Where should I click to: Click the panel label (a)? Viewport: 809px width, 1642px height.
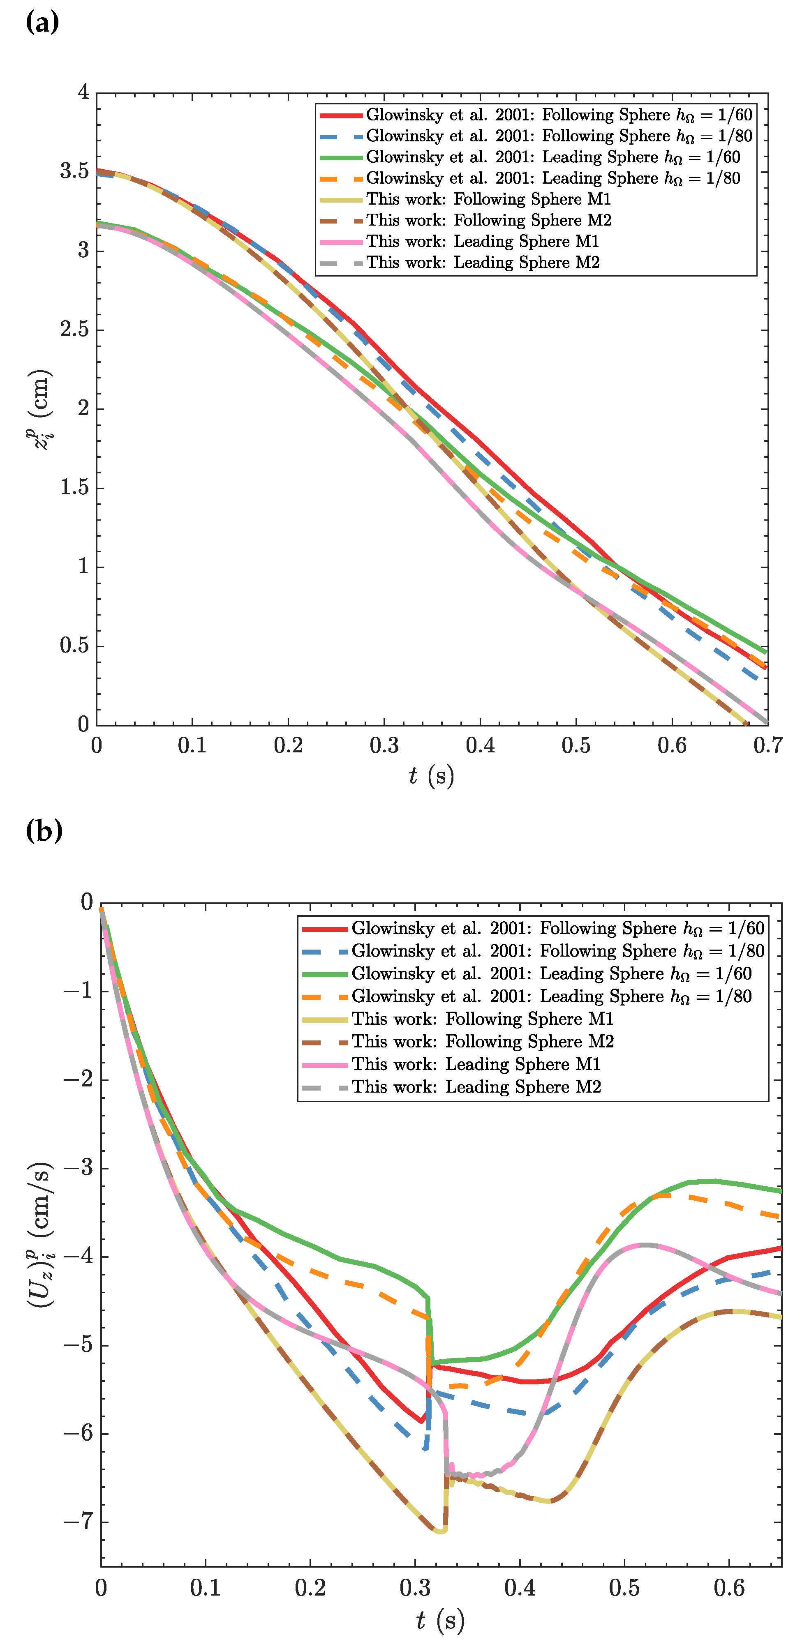click(x=42, y=23)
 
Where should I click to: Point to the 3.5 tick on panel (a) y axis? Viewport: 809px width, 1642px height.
click(x=74, y=171)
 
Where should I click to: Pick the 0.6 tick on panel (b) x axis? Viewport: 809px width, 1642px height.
click(x=729, y=1587)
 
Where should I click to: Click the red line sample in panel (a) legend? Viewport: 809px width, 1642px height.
click(x=340, y=115)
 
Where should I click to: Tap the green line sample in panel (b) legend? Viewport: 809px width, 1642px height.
click(x=324, y=974)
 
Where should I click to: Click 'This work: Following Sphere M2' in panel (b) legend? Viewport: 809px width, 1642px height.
click(x=483, y=1042)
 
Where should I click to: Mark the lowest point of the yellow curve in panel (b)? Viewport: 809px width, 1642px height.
click(x=440, y=1531)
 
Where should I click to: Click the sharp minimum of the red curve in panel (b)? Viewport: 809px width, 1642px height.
click(x=421, y=1421)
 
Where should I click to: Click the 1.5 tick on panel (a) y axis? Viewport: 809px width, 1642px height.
click(x=74, y=488)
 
